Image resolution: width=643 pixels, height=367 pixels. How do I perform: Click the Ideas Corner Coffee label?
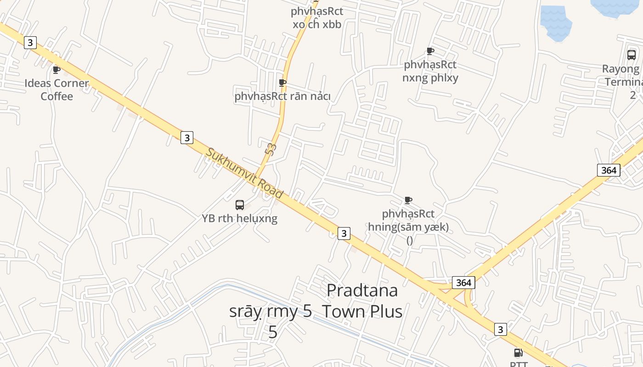click(x=56, y=89)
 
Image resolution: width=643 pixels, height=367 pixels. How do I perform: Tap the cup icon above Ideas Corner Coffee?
click(x=56, y=70)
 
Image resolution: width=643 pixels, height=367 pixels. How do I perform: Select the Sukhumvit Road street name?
click(x=244, y=173)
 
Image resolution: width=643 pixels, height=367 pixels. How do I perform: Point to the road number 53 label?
click(x=271, y=149)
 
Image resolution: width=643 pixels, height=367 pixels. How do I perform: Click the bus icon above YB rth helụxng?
click(x=240, y=205)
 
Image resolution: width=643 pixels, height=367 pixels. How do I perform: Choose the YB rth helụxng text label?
click(x=240, y=218)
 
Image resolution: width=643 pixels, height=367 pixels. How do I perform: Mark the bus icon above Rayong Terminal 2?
click(x=632, y=55)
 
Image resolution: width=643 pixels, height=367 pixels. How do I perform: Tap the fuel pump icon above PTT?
click(x=518, y=353)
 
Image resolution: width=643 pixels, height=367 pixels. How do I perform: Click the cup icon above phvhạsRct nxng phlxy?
click(x=430, y=51)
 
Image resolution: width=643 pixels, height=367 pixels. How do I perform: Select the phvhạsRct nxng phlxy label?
click(x=430, y=71)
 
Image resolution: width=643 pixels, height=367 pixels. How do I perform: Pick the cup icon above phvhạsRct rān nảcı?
click(x=282, y=83)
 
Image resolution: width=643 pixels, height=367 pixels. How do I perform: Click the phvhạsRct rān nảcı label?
click(x=282, y=96)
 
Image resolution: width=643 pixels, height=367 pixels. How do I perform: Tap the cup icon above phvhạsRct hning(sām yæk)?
click(x=408, y=200)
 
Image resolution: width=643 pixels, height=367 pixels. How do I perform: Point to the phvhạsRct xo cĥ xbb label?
click(x=317, y=17)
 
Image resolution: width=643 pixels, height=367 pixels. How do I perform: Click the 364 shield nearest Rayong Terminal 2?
click(x=609, y=170)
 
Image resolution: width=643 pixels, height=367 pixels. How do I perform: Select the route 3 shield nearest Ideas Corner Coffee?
click(x=30, y=43)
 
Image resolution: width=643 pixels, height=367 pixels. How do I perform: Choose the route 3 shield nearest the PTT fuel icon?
click(x=501, y=329)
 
